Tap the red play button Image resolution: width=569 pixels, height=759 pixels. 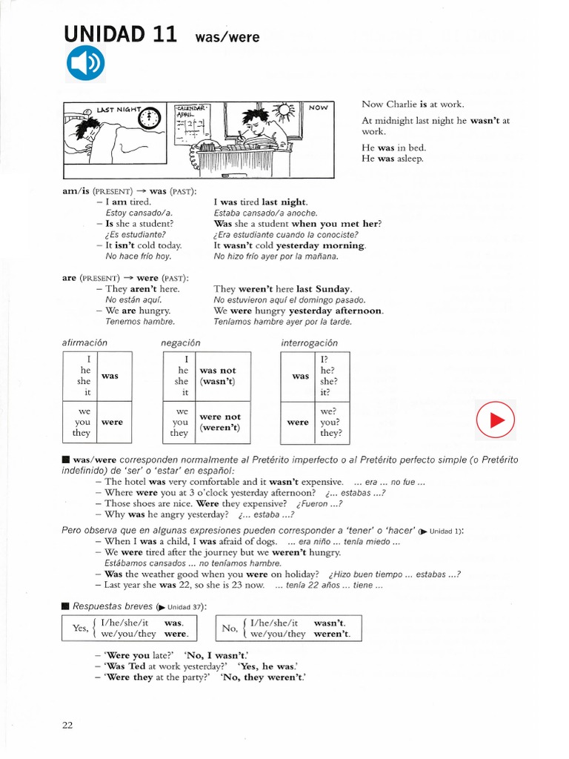click(495, 422)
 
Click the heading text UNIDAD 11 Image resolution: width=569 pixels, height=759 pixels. click(119, 34)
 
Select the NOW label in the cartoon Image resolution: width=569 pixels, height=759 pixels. click(319, 108)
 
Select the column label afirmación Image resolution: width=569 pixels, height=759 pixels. click(84, 342)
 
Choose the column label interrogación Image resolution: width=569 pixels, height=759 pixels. click(309, 342)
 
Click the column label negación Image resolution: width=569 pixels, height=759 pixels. click(180, 342)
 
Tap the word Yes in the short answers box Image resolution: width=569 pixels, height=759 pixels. click(79, 629)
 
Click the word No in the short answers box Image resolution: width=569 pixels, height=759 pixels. click(229, 629)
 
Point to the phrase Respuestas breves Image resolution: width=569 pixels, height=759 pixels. click(111, 606)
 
